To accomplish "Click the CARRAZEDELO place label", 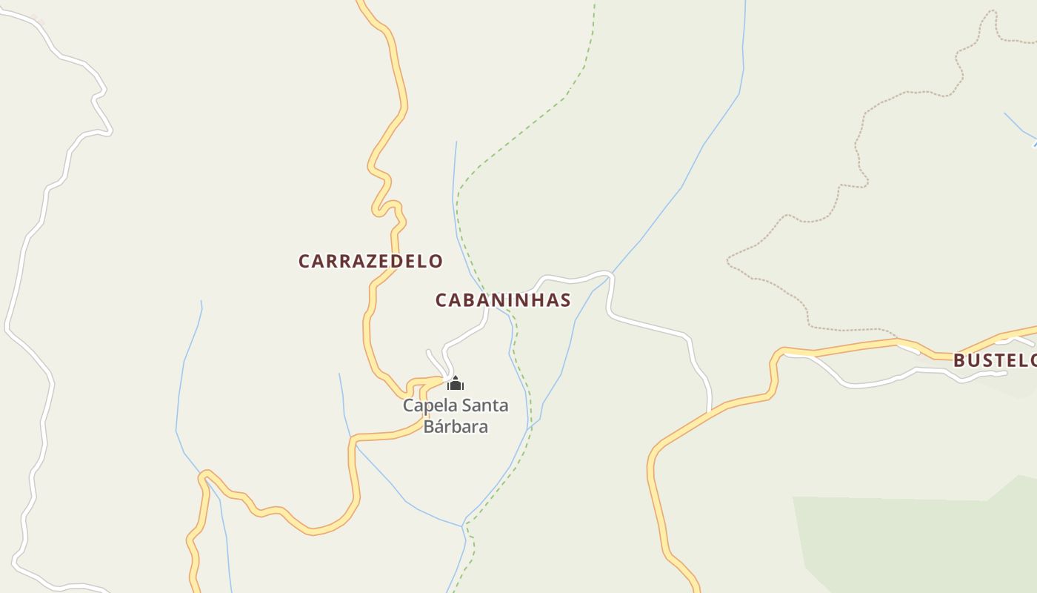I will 370,261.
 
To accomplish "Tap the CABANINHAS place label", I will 503,300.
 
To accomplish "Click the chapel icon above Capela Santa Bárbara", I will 456,383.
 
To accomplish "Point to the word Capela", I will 429,405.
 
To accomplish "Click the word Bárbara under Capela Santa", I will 456,427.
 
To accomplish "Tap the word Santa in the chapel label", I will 484,405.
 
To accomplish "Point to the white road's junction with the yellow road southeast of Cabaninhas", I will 710,410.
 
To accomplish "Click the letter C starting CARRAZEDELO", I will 304,261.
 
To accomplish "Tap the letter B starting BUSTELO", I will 959,361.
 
